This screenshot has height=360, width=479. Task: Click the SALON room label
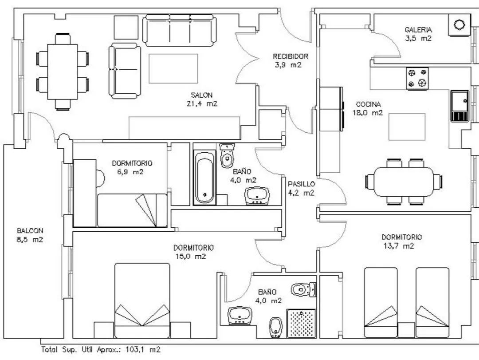click(x=202, y=99)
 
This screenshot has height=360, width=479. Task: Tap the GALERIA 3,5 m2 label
click(x=418, y=34)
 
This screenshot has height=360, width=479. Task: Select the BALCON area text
click(x=30, y=235)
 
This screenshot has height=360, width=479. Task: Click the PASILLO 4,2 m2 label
click(x=301, y=188)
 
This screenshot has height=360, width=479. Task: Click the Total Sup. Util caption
click(x=101, y=349)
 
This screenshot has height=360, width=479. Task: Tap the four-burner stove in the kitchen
click(x=417, y=79)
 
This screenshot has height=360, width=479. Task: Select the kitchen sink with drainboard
click(x=459, y=106)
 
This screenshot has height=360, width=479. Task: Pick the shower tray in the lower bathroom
click(x=301, y=323)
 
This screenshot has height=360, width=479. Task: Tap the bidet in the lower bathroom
click(x=275, y=328)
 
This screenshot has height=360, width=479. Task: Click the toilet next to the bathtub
click(x=227, y=156)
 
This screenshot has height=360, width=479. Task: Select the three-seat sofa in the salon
click(x=179, y=30)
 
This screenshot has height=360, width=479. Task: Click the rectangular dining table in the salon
click(x=63, y=71)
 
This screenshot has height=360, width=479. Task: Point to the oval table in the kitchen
click(x=404, y=182)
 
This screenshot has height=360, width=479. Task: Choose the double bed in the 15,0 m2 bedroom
click(x=142, y=301)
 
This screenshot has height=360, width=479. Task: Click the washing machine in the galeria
click(x=459, y=24)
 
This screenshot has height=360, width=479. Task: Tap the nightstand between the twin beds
click(x=406, y=330)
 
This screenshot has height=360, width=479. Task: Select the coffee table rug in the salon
click(x=173, y=68)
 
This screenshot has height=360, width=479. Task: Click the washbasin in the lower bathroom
click(x=240, y=315)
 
